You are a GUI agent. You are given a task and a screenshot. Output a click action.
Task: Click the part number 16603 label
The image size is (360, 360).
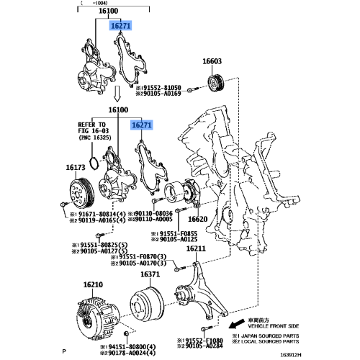coord(211,63)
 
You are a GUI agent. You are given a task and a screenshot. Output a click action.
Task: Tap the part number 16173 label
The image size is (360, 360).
coord(75,167)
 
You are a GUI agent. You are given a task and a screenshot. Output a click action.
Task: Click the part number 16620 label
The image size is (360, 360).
coord(198,219)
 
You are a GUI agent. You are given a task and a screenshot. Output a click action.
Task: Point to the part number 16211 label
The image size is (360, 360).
coord(197,249)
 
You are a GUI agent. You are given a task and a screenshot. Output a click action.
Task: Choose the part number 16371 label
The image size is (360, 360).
coord(150,274)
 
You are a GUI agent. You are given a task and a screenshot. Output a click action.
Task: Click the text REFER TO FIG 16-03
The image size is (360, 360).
coord(91,128)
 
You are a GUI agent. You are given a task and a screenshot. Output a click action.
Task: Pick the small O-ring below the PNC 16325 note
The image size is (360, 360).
coord(93,159)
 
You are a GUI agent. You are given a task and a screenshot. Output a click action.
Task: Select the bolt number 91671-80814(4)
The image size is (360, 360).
coord(100,214)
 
